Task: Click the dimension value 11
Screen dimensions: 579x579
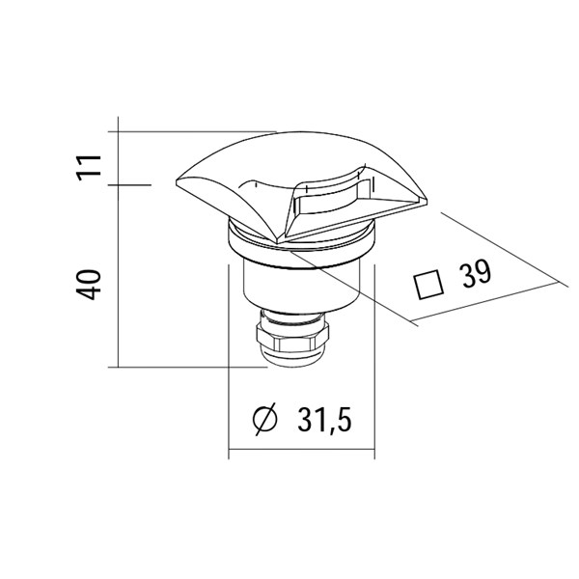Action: (89, 168)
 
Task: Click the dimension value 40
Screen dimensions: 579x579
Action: (89, 285)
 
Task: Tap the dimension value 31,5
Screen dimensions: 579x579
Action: (324, 420)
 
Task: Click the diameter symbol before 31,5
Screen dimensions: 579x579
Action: (264, 420)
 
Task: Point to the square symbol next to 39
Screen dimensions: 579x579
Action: (428, 285)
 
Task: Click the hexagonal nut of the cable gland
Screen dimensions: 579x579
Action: (292, 337)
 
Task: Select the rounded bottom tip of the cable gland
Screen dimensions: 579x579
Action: (291, 360)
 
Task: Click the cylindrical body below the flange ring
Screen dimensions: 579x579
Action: (301, 287)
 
